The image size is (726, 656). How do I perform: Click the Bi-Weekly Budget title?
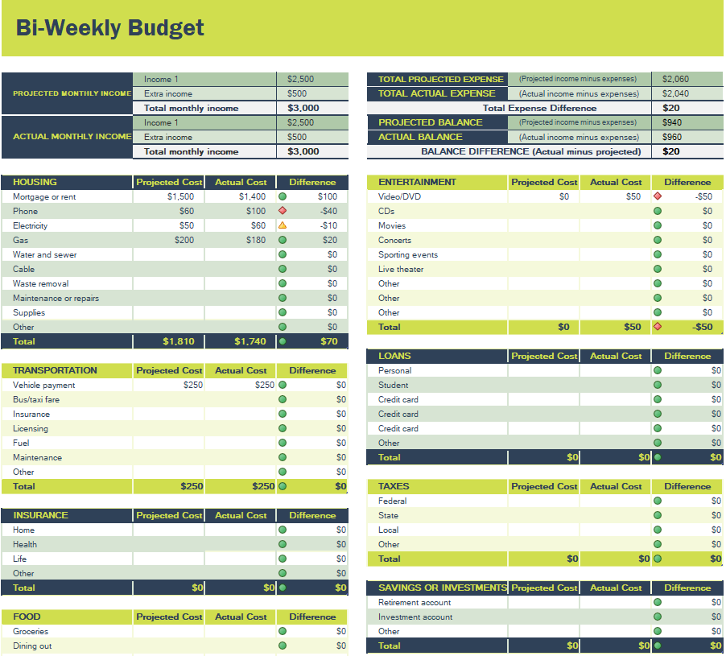[110, 28]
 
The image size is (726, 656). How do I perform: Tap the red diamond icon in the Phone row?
[283, 211]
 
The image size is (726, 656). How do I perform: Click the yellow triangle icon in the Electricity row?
[283, 225]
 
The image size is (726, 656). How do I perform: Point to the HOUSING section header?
[35, 182]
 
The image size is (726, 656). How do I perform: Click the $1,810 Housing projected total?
[179, 341]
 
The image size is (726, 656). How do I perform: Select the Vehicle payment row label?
[44, 385]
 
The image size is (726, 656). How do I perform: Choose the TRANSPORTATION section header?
[55, 370]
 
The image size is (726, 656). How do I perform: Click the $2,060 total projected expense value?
[675, 79]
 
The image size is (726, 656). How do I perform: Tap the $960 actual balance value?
[671, 137]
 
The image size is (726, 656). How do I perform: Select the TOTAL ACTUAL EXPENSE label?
[437, 93]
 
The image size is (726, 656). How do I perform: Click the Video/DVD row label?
[399, 196]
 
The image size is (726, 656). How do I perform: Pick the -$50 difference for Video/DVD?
[703, 196]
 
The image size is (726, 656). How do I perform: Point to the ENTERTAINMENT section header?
[417, 182]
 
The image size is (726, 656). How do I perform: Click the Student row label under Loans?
[394, 385]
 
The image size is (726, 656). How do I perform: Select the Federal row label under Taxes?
[392, 501]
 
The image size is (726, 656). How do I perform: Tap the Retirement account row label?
[415, 602]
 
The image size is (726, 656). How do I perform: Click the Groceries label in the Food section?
[31, 631]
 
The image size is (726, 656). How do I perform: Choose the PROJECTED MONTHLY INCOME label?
[72, 93]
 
